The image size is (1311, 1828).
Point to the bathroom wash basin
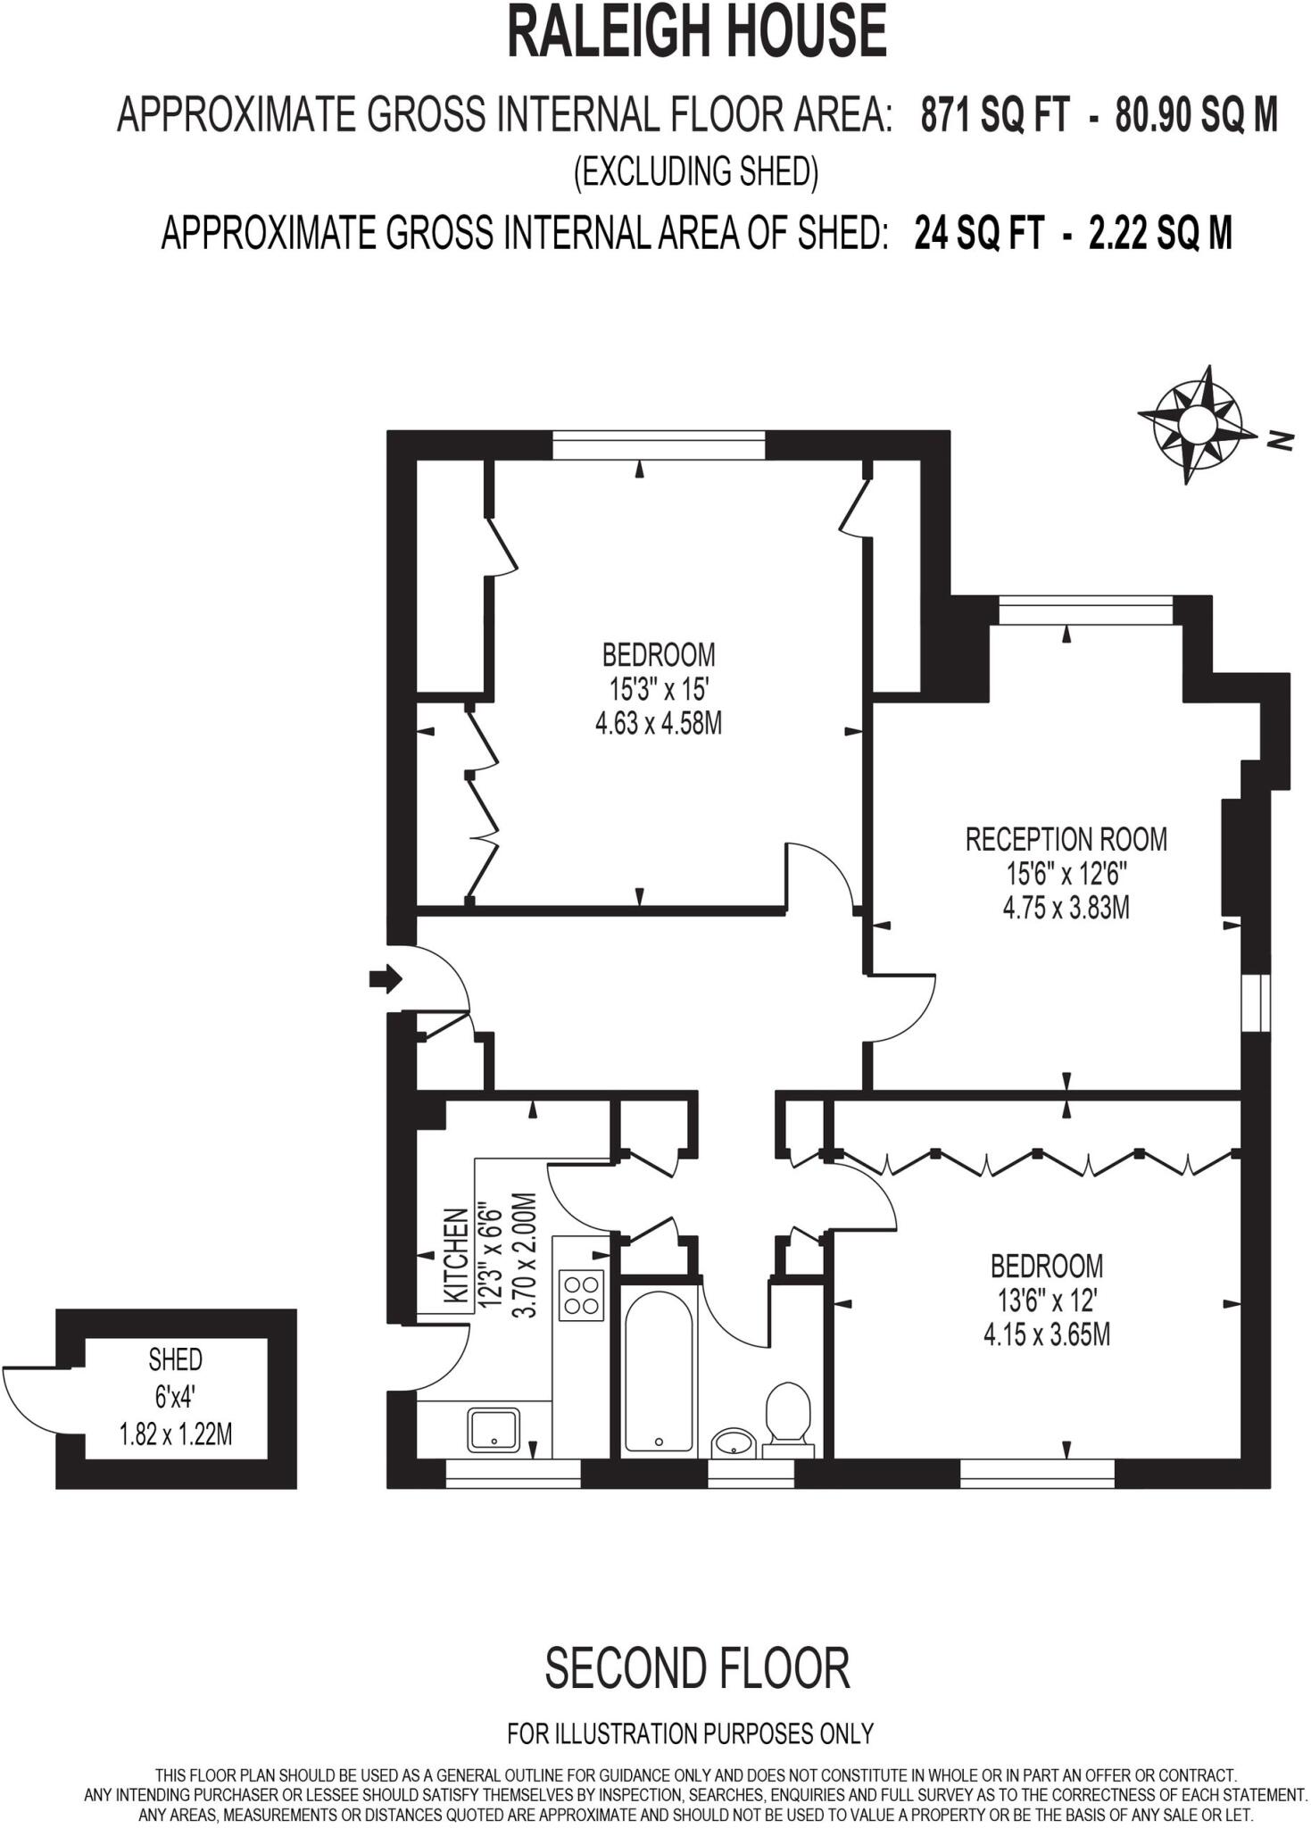733,1441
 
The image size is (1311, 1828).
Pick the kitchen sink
494,1429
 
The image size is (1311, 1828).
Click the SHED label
175,1360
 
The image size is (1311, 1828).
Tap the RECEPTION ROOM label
1066,839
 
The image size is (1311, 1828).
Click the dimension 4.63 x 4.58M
658,722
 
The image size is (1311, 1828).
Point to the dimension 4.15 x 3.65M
1046,1335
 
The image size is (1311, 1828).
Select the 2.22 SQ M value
1160,234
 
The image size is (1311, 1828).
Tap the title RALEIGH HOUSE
696,32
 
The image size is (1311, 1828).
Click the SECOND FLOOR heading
697,1669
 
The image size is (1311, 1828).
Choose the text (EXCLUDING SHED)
695,171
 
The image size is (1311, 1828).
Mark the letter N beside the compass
1282,439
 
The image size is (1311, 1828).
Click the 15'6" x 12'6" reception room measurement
1066,874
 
